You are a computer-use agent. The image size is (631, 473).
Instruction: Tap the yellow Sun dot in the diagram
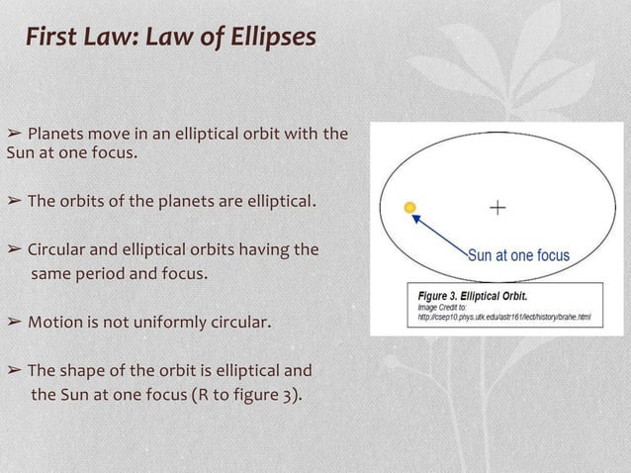point(410,208)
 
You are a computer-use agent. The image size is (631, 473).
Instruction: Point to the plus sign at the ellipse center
point(496,208)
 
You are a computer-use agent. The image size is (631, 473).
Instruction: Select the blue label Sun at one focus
point(518,255)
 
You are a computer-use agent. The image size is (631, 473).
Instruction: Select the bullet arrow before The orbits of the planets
point(14,202)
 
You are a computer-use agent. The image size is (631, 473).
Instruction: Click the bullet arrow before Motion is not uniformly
point(14,323)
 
